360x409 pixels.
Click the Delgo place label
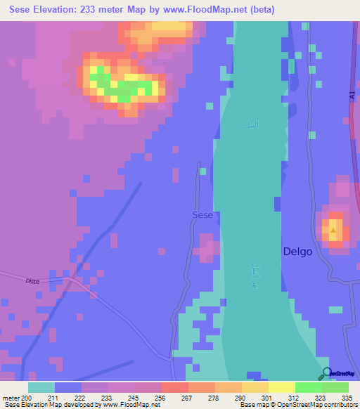pos(297,251)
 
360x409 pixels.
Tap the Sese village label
pos(202,215)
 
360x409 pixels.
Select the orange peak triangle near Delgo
pos(333,229)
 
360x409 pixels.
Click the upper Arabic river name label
pos(251,125)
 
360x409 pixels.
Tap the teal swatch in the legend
pos(41,387)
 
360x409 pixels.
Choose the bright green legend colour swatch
pos(308,387)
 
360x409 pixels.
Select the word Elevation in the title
pos(62,10)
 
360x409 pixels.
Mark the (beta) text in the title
pos(258,10)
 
